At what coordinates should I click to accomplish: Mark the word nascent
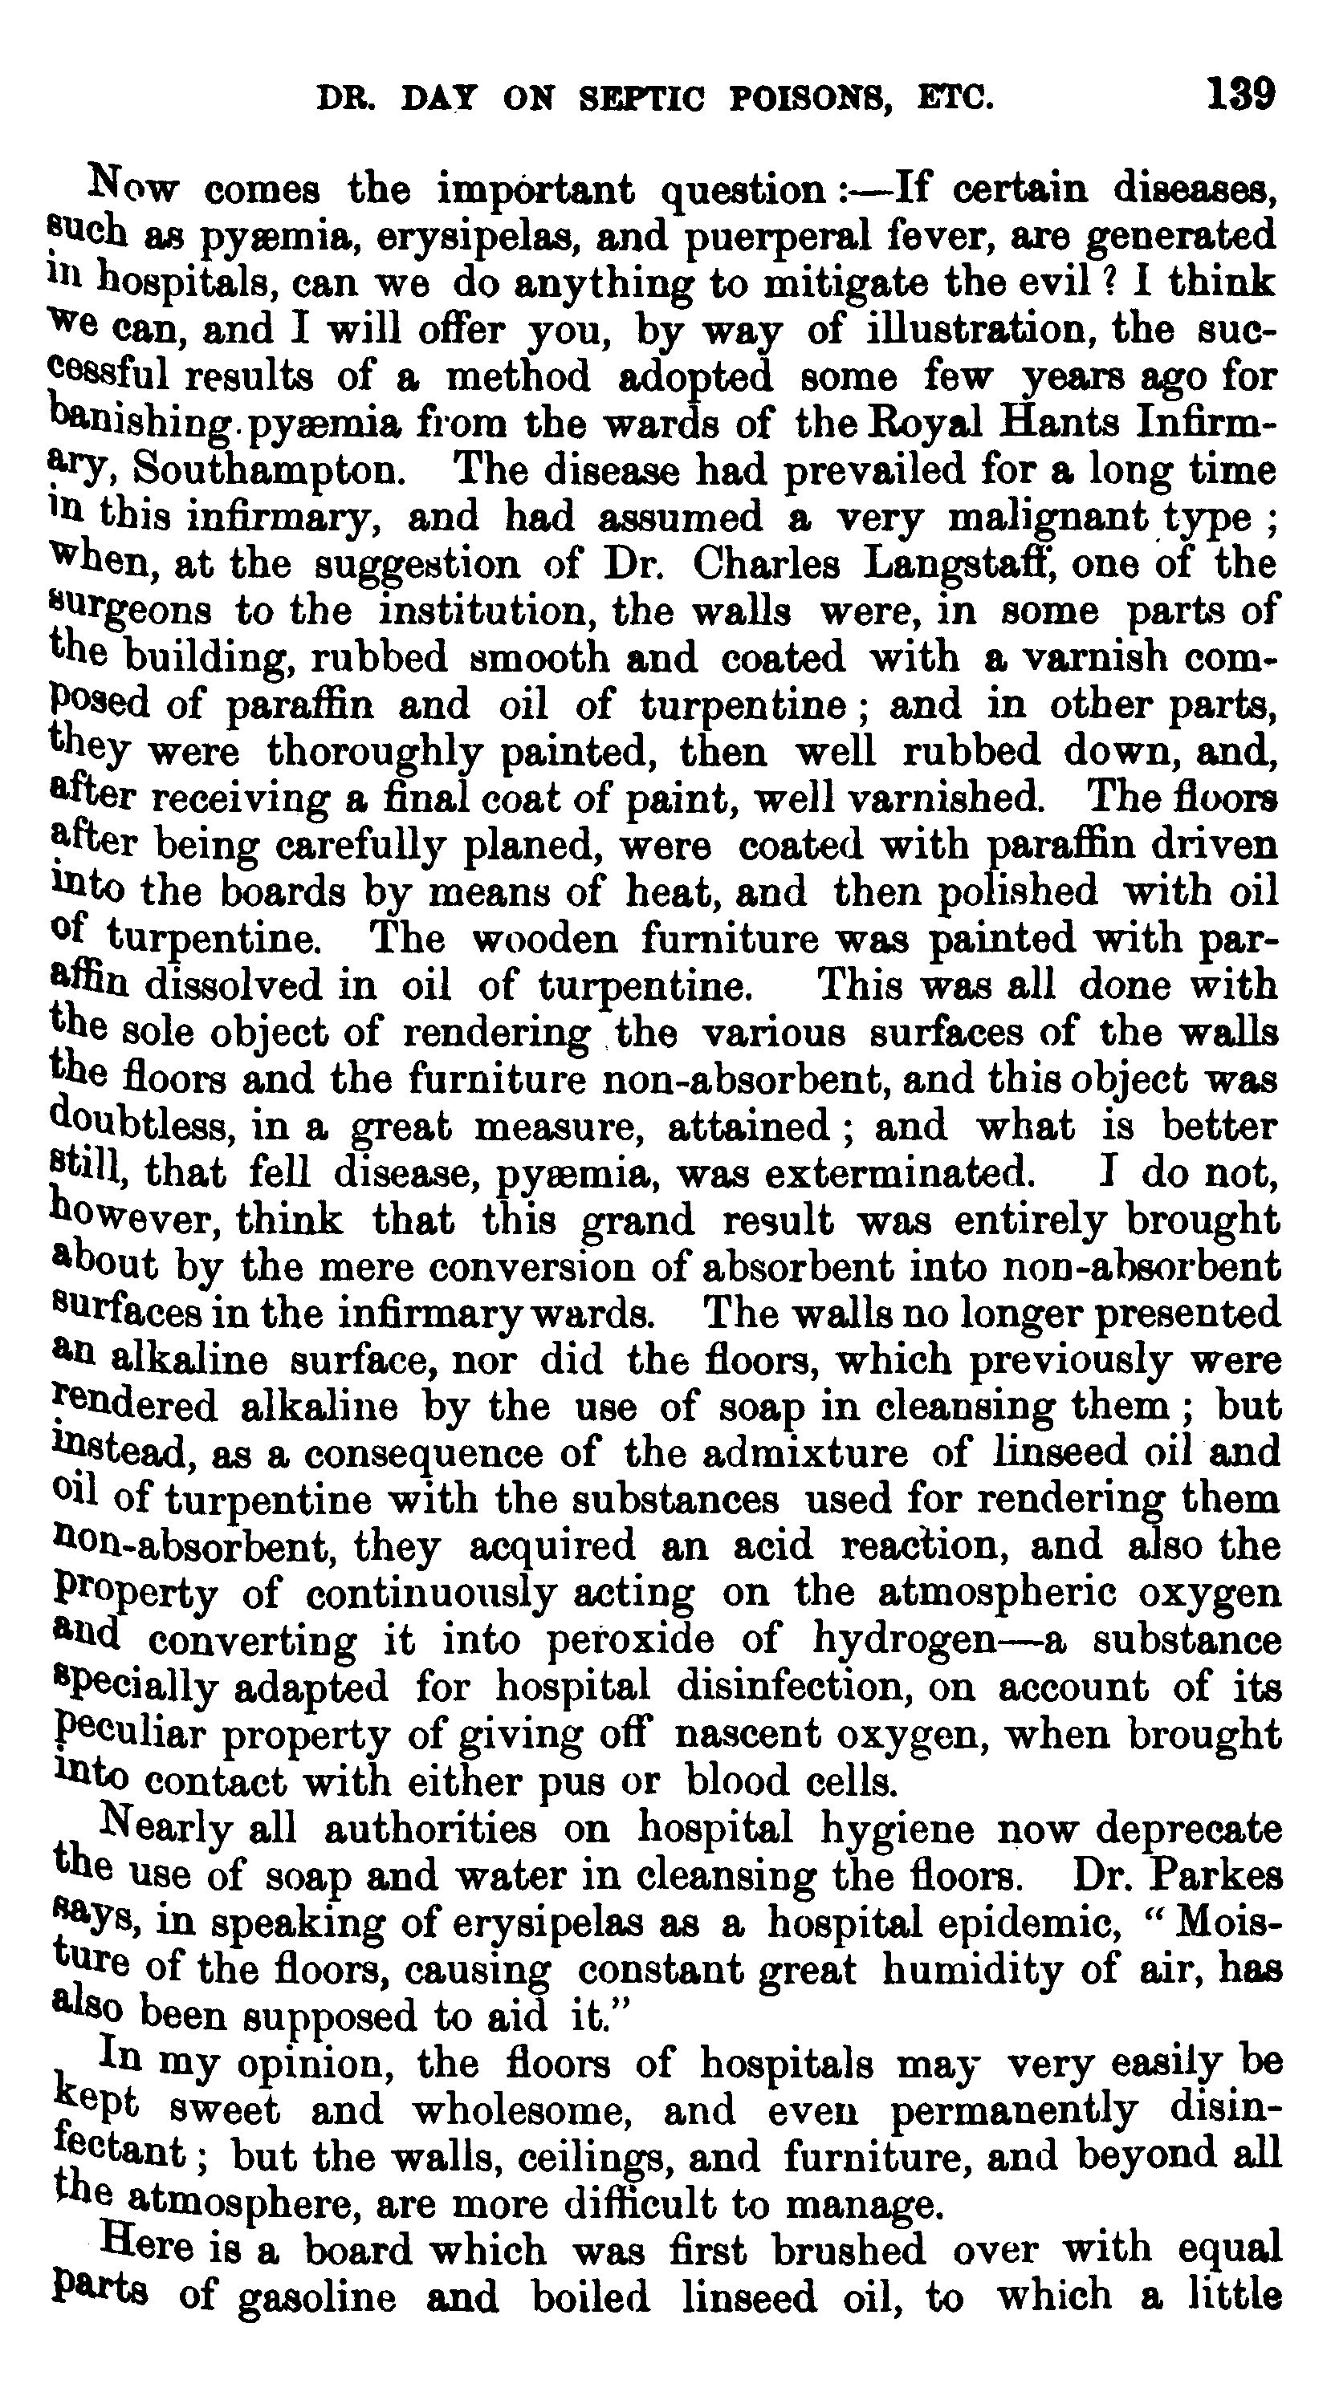(753, 1734)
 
